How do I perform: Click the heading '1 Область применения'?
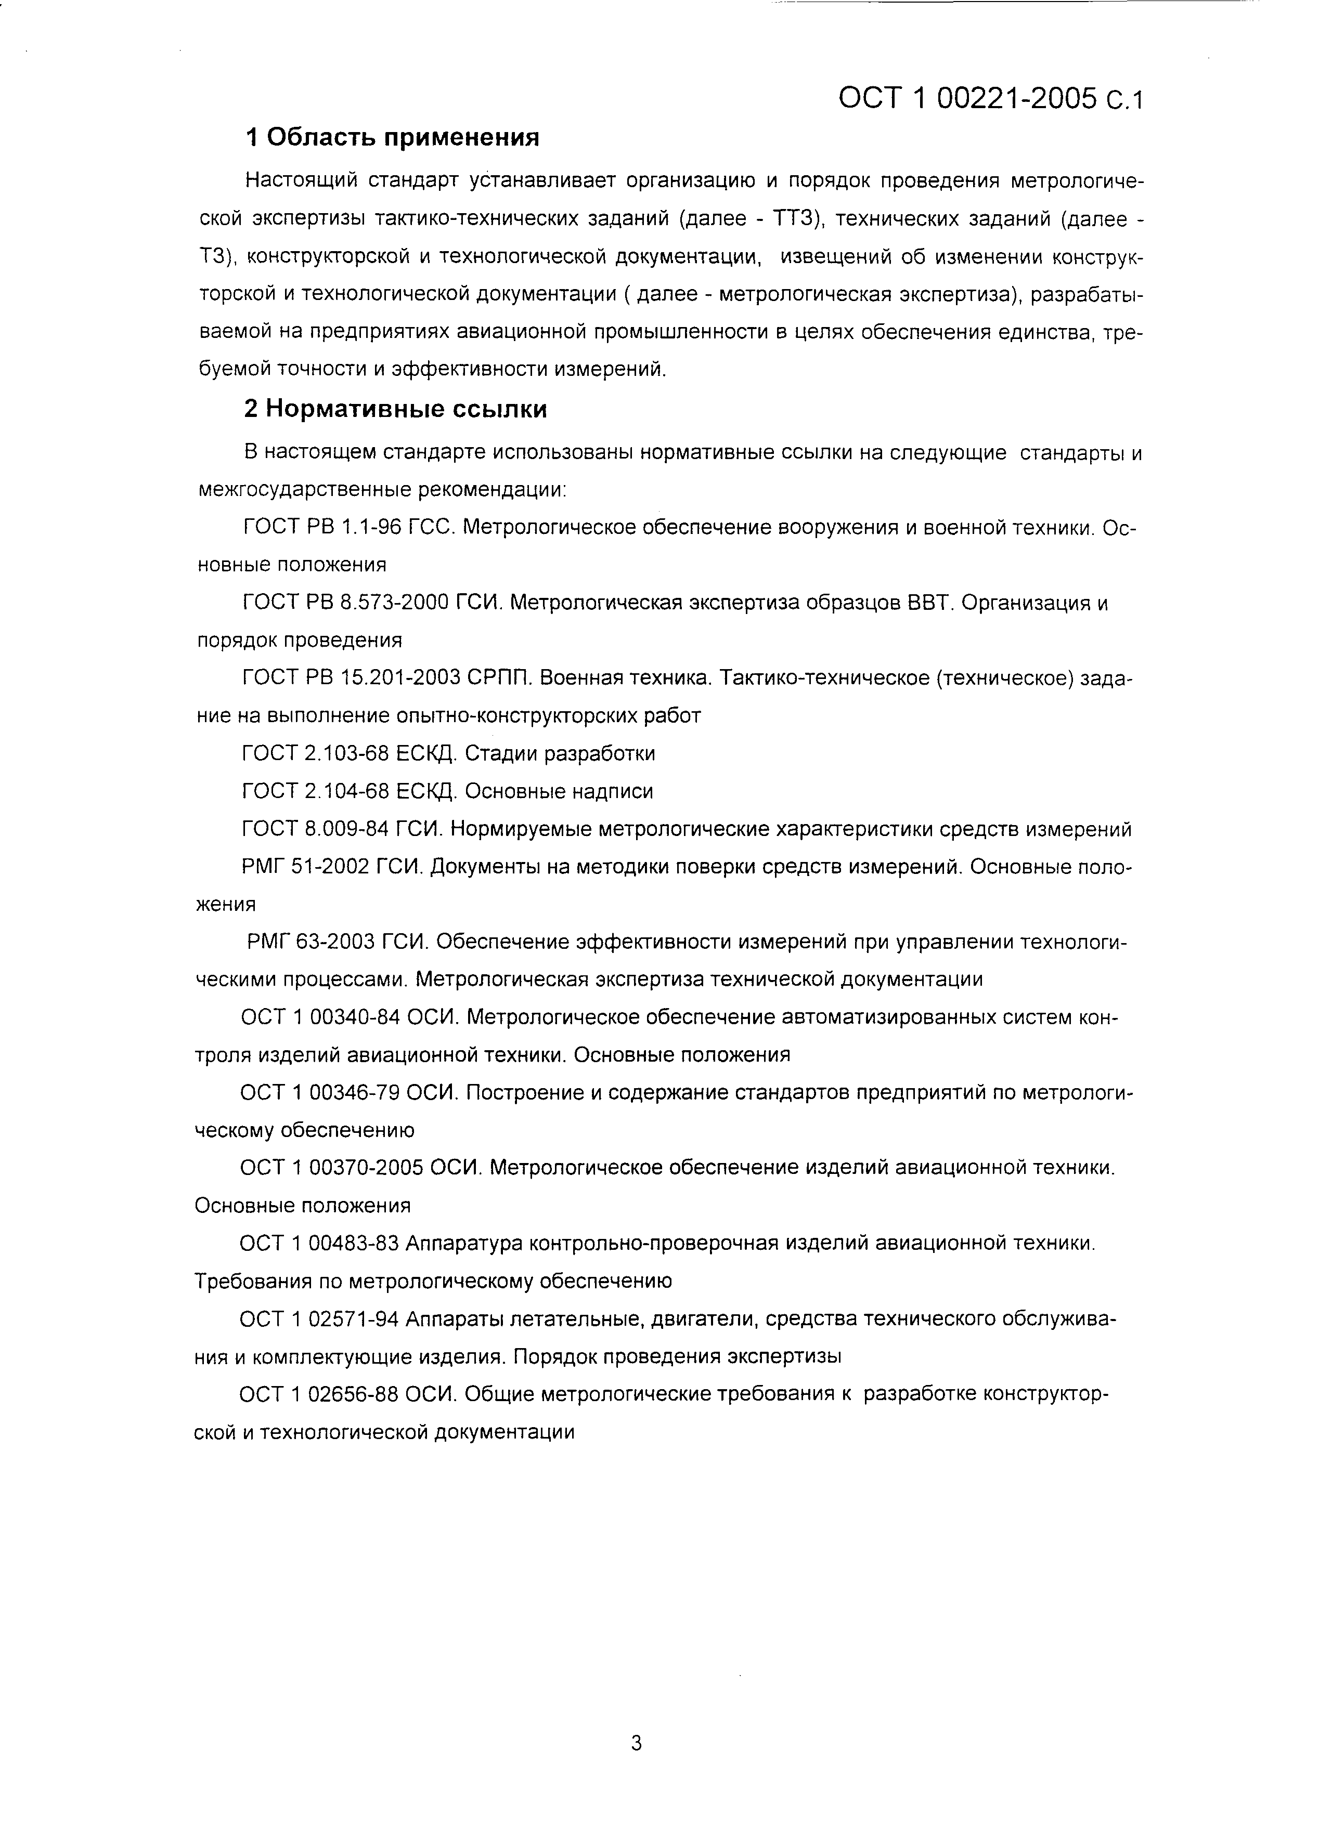[392, 138]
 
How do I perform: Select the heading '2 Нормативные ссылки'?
[395, 410]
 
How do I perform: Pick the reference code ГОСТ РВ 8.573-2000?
[345, 603]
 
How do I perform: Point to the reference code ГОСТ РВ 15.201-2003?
[350, 678]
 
